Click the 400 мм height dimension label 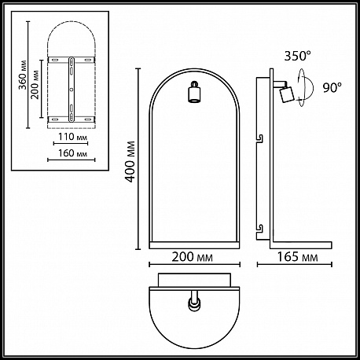pyautogui.click(x=130, y=161)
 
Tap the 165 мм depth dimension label pyautogui.click(x=297, y=257)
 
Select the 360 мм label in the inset pyautogui.click(x=23, y=75)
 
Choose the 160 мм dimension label pyautogui.click(x=72, y=153)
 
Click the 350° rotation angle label pyautogui.click(x=298, y=56)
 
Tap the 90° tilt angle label pyautogui.click(x=332, y=88)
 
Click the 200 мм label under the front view pyautogui.click(x=192, y=257)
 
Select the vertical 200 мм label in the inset pyautogui.click(x=35, y=85)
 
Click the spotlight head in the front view pyautogui.click(x=194, y=92)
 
